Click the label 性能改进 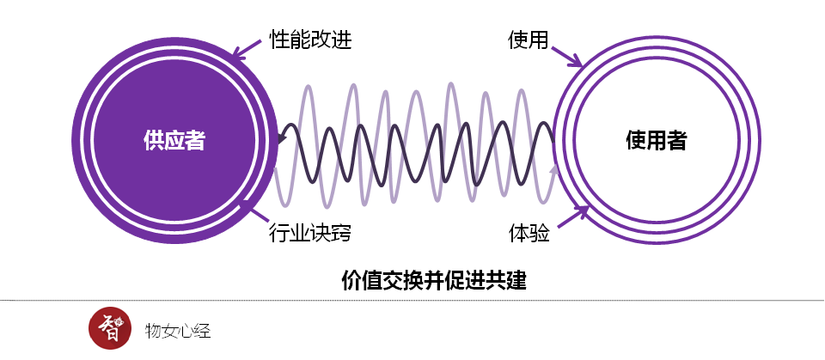click(x=310, y=40)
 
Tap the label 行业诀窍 click(x=310, y=232)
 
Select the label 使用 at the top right click(x=528, y=40)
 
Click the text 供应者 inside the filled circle click(x=174, y=140)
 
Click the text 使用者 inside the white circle click(x=656, y=140)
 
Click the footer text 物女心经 click(x=179, y=330)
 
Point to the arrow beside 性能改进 click(x=247, y=50)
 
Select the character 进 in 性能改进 click(x=341, y=40)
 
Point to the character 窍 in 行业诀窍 click(x=341, y=232)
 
